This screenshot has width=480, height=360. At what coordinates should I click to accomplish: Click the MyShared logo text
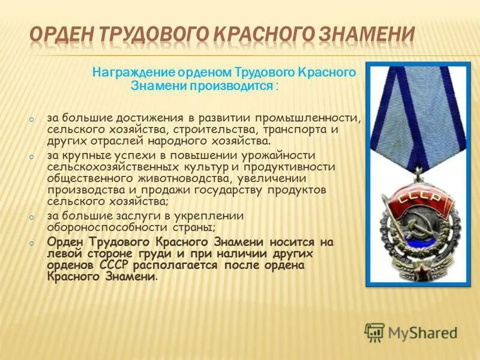point(422,332)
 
